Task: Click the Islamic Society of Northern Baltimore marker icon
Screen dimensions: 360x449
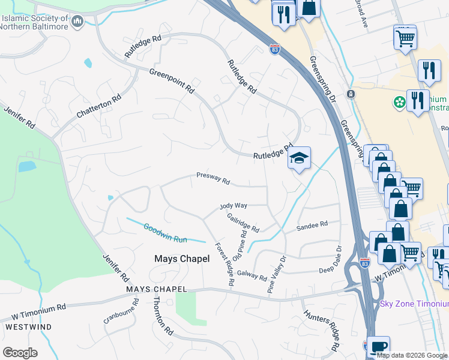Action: click(76, 22)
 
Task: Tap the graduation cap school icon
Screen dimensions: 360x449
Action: click(299, 158)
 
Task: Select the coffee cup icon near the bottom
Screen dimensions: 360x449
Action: click(379, 347)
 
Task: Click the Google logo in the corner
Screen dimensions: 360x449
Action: click(20, 353)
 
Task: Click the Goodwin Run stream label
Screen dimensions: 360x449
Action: click(165, 233)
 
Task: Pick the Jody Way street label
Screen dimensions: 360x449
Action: click(233, 205)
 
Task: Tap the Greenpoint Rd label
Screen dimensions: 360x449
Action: click(172, 80)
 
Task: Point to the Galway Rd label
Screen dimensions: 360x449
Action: click(252, 275)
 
